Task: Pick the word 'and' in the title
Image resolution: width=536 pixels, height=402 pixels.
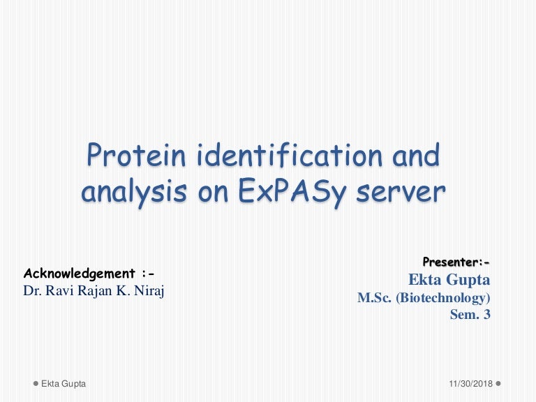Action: click(417, 156)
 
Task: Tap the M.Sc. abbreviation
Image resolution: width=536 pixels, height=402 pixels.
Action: click(375, 298)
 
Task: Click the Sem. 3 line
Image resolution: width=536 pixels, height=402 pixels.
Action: click(470, 315)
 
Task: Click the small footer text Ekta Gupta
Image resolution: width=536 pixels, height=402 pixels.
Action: click(64, 385)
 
